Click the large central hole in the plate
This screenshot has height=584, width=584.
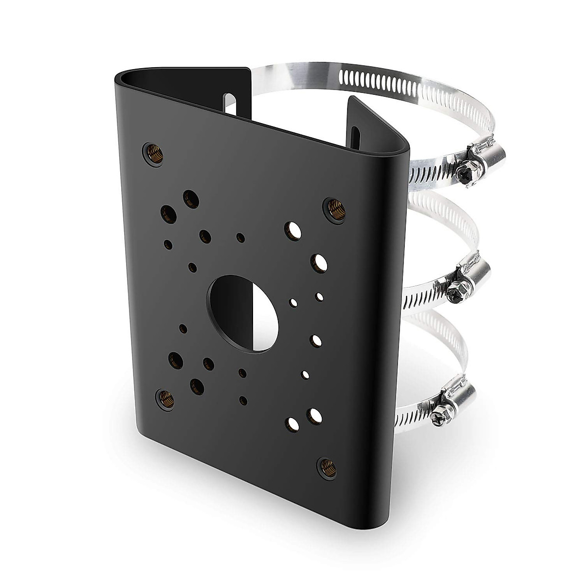pyautogui.click(x=242, y=311)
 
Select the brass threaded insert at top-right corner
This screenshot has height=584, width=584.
pyautogui.click(x=334, y=209)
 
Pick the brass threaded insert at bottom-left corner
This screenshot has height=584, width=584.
pyautogui.click(x=161, y=399)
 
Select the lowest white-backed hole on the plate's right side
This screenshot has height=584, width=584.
pyautogui.click(x=293, y=423)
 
